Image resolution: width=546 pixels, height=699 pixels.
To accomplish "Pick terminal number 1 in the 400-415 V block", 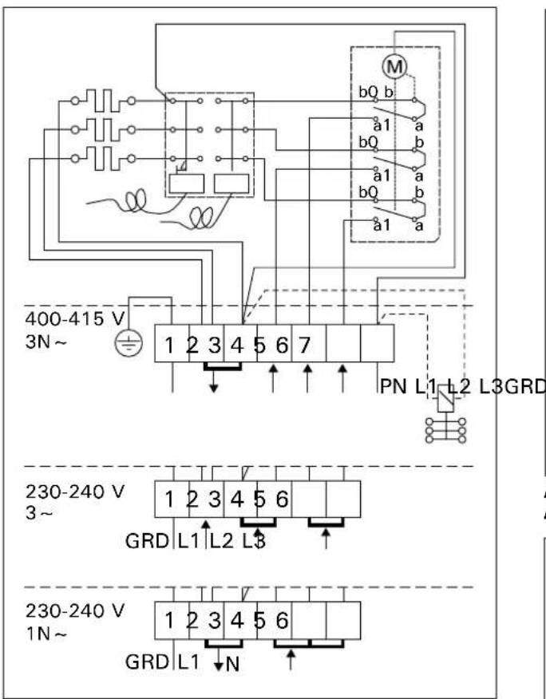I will coord(170,348).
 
